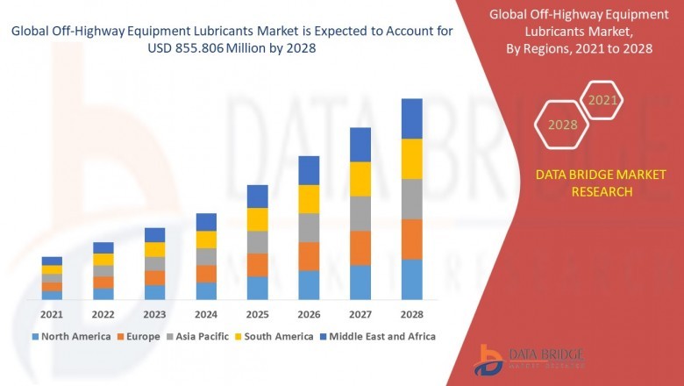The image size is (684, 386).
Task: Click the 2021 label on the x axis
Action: [52, 314]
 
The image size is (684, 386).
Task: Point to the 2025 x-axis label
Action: [257, 314]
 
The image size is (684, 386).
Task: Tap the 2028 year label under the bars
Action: [412, 314]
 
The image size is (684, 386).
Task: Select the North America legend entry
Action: [71, 336]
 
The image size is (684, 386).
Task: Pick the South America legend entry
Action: [275, 336]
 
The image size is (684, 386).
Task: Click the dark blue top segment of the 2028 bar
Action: [412, 118]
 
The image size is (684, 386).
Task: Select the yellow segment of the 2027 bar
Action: [360, 179]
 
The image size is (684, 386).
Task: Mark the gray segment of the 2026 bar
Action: [309, 227]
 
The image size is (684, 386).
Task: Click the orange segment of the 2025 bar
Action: [257, 265]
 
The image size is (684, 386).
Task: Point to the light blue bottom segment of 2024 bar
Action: [206, 290]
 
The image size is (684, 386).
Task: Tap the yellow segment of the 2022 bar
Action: [103, 259]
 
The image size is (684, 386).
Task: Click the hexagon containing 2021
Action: [602, 101]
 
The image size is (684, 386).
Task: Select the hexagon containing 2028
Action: [562, 125]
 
